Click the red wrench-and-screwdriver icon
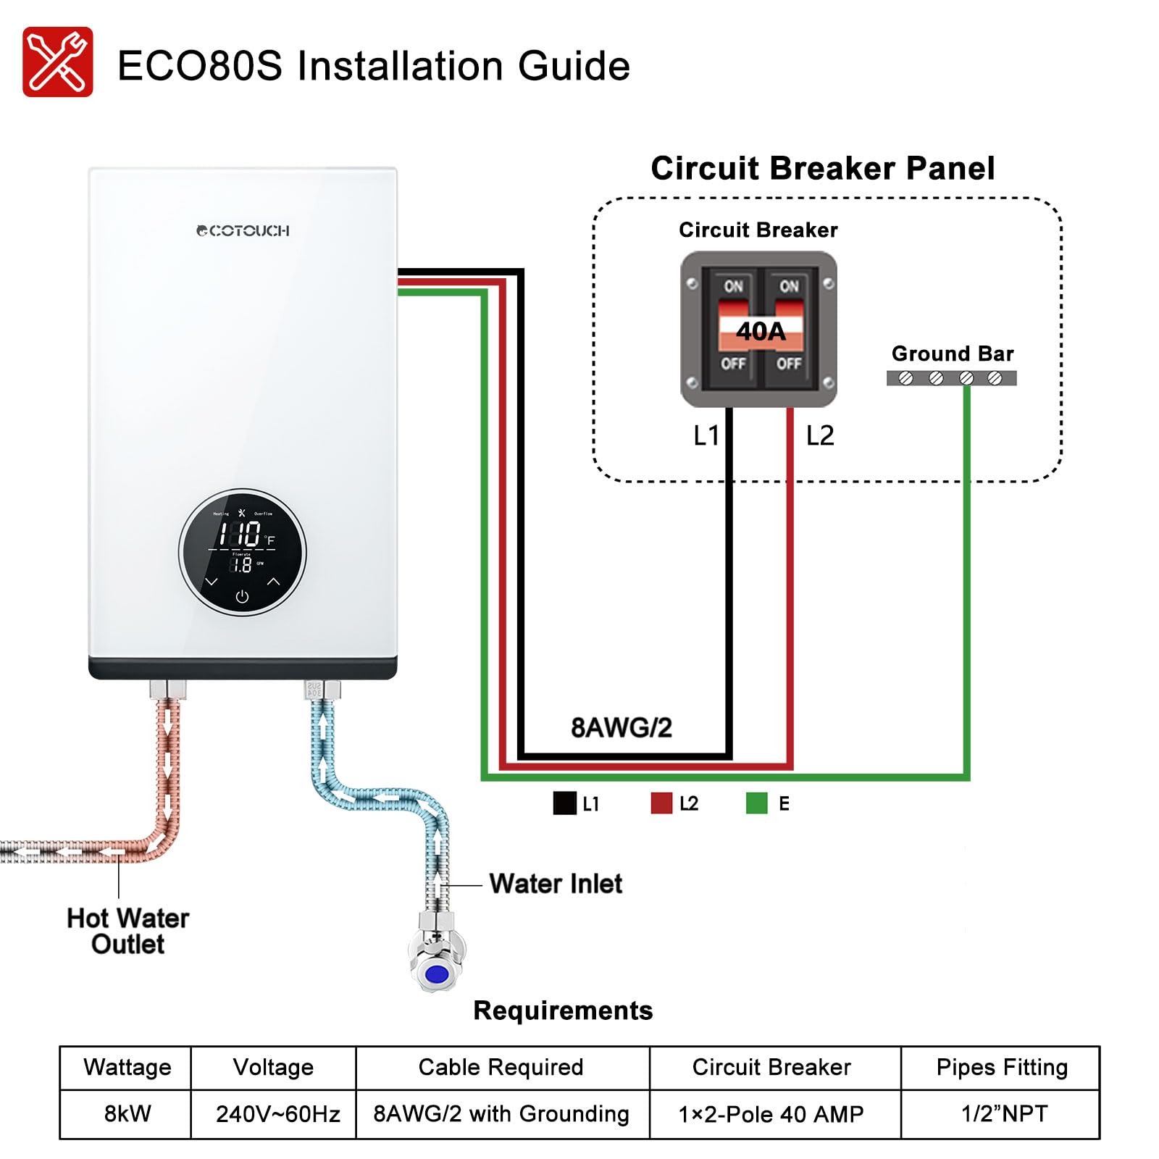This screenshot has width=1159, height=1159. [x=57, y=62]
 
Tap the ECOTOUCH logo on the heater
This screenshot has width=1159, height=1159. [x=243, y=231]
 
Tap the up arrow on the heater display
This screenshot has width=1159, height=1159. [x=273, y=581]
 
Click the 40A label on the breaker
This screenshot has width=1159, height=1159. [x=760, y=331]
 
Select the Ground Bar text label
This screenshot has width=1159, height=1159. [x=952, y=353]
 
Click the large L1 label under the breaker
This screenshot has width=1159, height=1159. [x=706, y=435]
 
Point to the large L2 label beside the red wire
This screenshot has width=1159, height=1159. [x=820, y=435]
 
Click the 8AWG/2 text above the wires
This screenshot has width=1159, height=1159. [x=622, y=727]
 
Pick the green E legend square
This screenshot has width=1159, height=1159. [x=756, y=803]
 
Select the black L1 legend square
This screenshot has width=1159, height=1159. [x=564, y=803]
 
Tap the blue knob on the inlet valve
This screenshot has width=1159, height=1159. [x=436, y=974]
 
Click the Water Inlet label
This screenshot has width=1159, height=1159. [x=556, y=884]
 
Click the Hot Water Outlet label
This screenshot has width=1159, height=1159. [x=127, y=931]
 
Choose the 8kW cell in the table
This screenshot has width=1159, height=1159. [x=127, y=1113]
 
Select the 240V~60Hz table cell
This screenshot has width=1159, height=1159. [x=277, y=1113]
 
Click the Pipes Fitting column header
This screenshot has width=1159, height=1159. [x=1001, y=1067]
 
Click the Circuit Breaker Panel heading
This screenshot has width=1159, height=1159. [x=822, y=168]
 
